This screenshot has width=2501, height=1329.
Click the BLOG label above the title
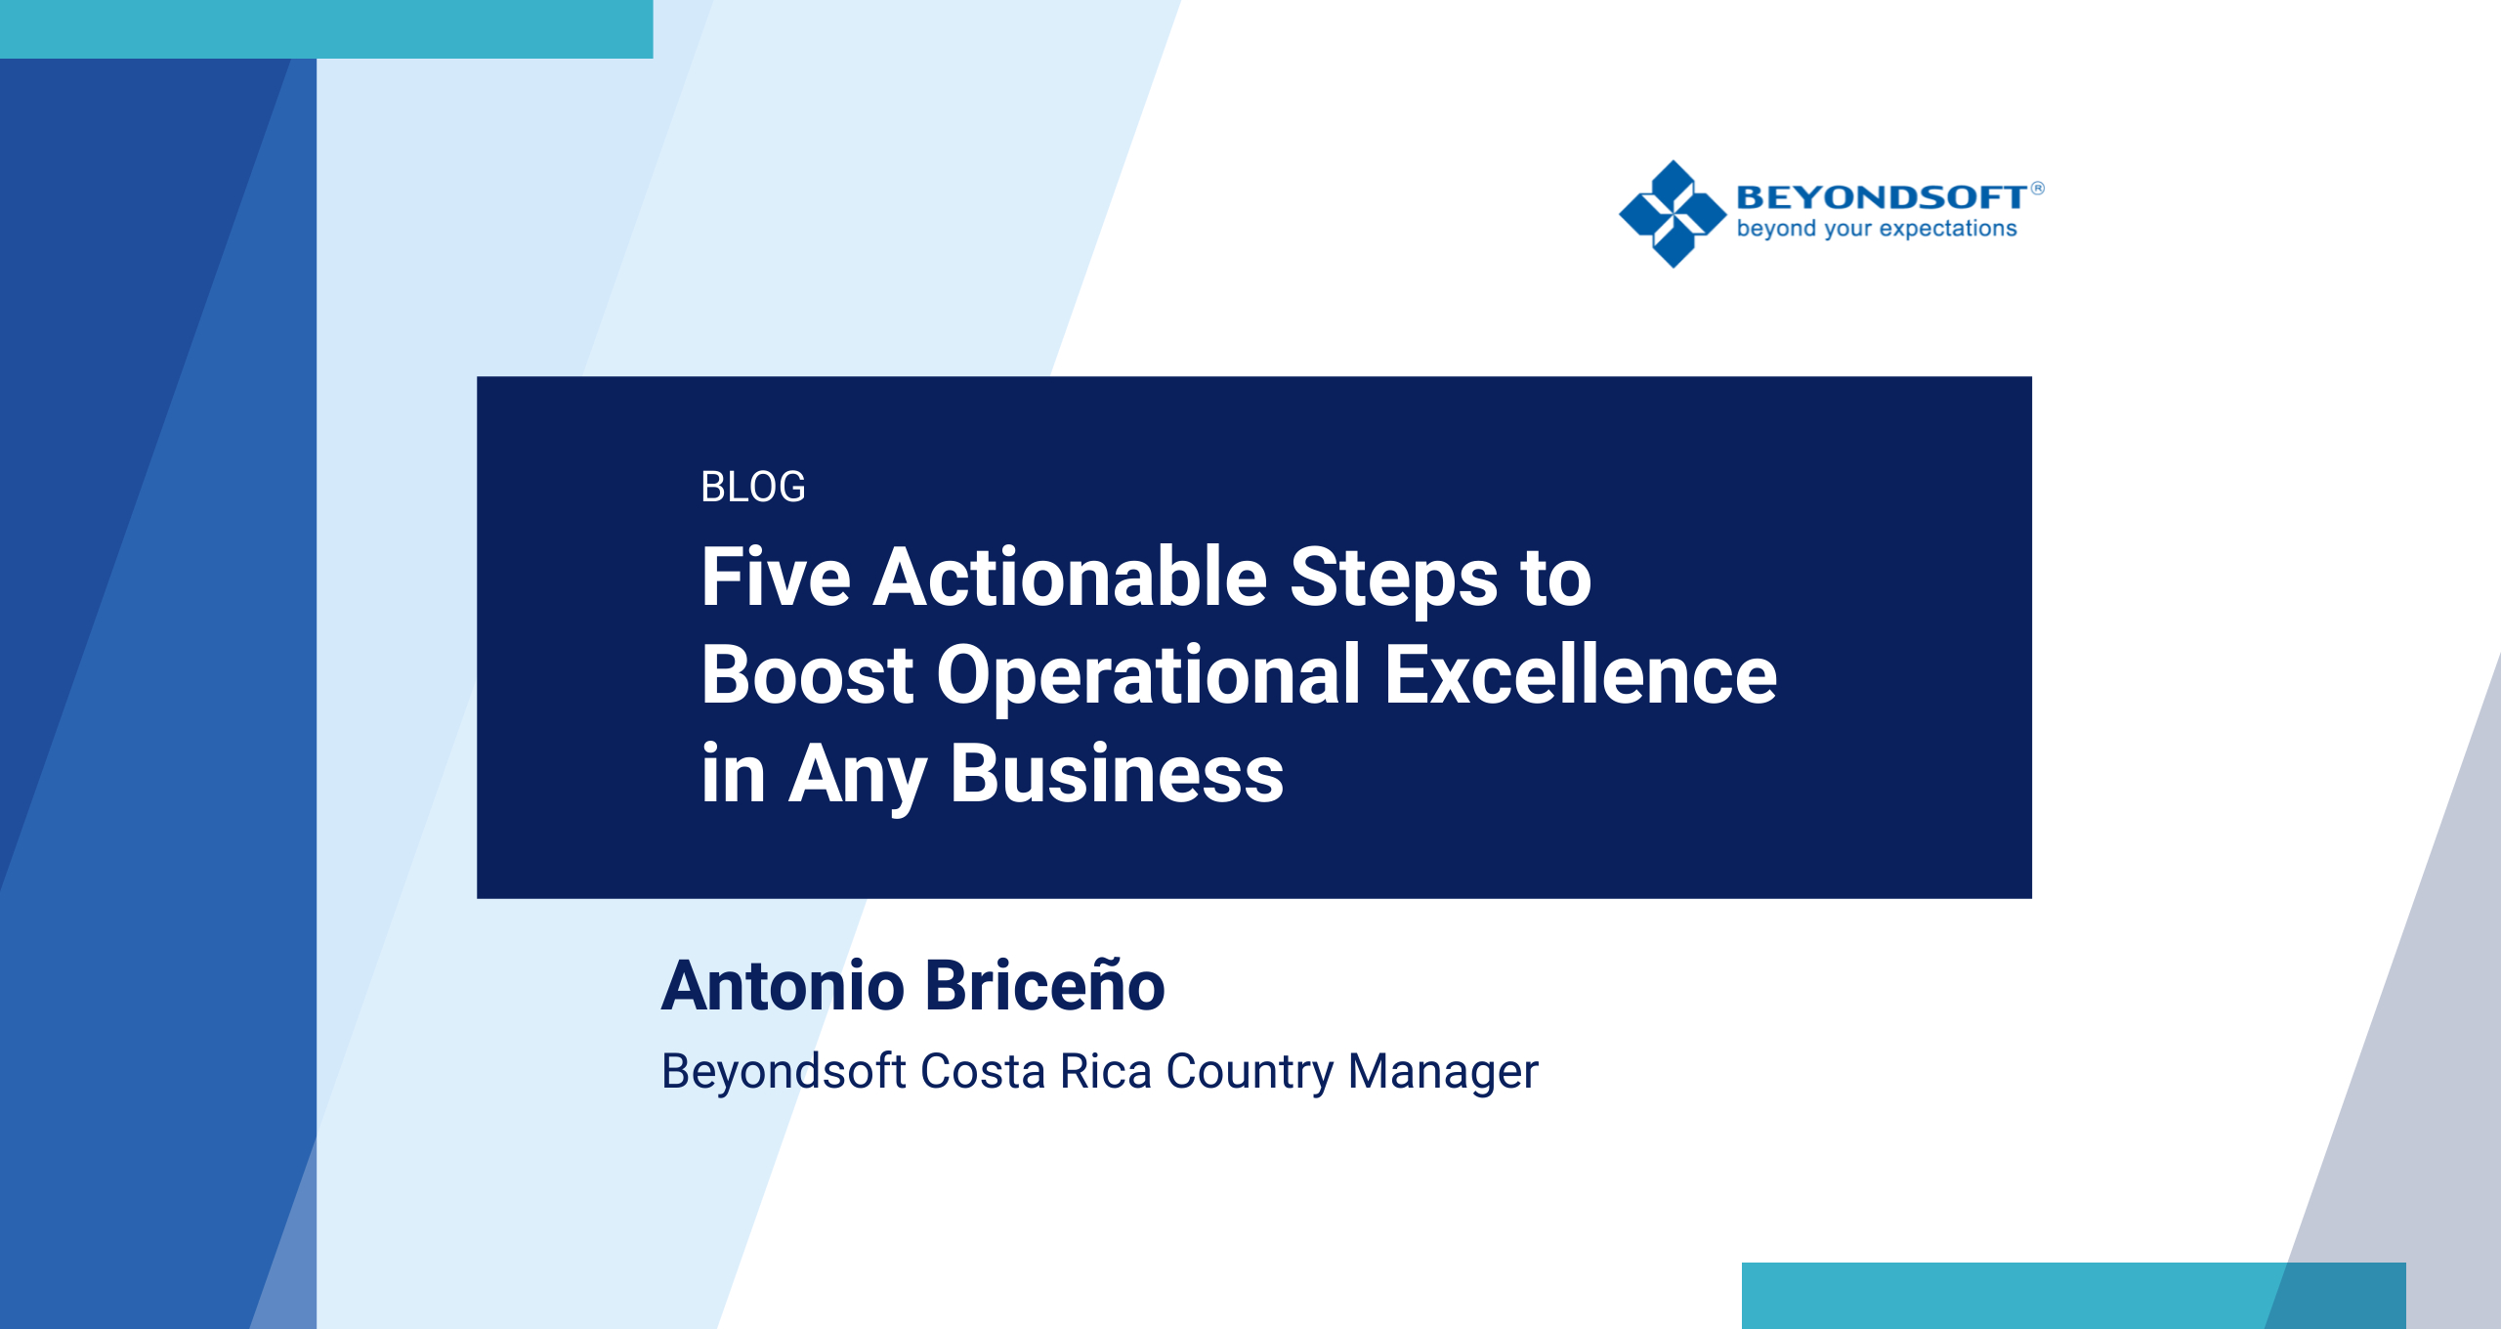coord(752,487)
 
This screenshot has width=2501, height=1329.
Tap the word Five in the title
coord(776,578)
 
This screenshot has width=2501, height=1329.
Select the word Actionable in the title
coord(1070,578)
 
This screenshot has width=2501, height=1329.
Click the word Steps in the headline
coord(1393,579)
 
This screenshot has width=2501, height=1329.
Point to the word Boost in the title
coord(807,675)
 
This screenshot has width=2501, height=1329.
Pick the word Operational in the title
coord(1149,677)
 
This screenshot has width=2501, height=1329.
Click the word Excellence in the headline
coord(1580,675)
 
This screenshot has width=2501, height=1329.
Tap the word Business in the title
coord(1117,774)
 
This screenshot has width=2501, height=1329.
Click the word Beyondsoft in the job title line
coord(784,1072)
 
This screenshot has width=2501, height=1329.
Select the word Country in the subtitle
coord(1249,1073)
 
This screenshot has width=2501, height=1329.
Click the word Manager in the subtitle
coord(1442,1072)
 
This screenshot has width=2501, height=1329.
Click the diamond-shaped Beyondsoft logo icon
coord(1673,214)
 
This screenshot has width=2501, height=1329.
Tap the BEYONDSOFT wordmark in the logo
coord(1881,197)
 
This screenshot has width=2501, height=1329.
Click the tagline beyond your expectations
coord(1876,229)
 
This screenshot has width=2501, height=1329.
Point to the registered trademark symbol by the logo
coord(2037,188)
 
